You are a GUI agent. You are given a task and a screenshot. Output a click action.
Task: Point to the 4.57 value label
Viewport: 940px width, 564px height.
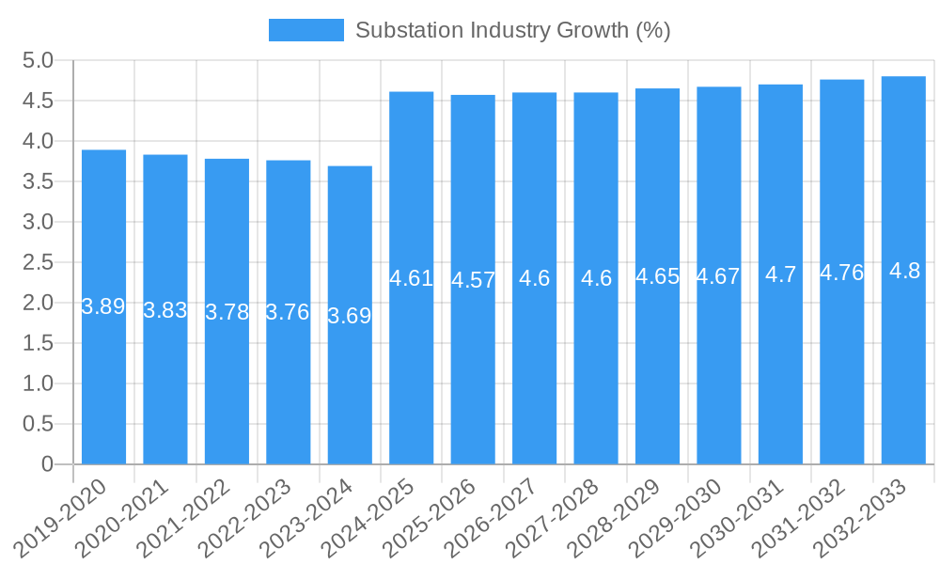pos(473,280)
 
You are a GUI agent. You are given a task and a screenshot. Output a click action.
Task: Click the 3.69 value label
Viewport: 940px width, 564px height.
pos(350,316)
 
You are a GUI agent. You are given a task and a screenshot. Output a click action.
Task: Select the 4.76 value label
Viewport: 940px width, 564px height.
pos(841,273)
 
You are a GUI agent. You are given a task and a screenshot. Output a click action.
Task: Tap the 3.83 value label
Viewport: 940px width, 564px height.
pos(165,310)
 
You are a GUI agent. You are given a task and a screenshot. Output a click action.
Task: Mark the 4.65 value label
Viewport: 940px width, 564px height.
pos(657,276)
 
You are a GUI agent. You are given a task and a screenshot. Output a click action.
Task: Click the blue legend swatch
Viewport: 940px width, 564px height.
pos(306,30)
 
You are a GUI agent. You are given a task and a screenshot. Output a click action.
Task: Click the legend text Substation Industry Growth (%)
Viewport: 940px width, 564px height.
pos(512,30)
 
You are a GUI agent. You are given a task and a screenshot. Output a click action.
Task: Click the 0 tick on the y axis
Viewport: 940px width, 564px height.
pos(47,464)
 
